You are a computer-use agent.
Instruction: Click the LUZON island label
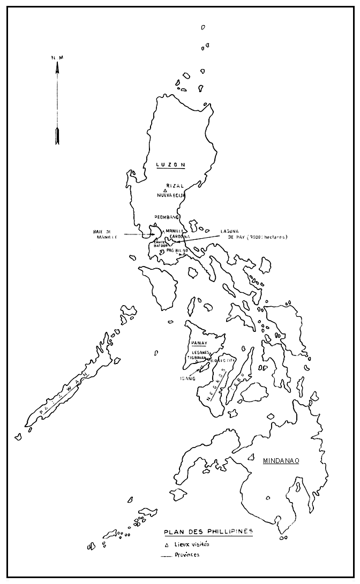(170, 165)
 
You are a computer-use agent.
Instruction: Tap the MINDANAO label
(281, 460)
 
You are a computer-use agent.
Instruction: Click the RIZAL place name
(175, 186)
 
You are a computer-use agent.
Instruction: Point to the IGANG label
(187, 378)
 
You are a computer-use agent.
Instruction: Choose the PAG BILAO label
(177, 250)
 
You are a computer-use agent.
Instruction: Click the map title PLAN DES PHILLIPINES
(208, 532)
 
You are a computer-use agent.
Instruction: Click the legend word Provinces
(186, 555)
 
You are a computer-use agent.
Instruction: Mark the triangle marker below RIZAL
(166, 191)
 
